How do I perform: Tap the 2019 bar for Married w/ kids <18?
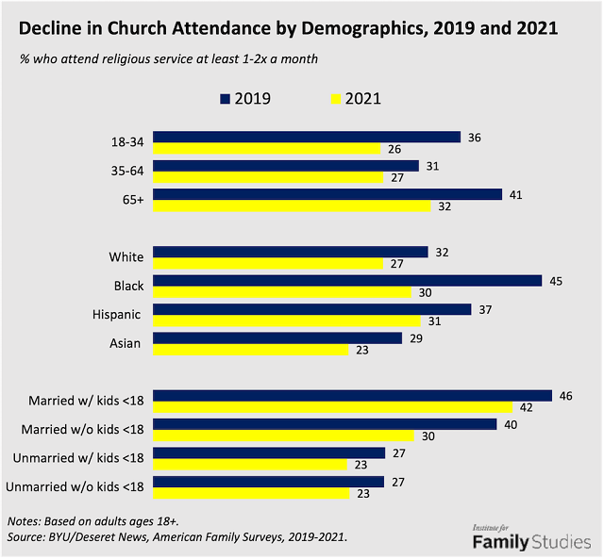pyautogui.click(x=353, y=396)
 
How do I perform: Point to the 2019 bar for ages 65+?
pyautogui.click(x=327, y=194)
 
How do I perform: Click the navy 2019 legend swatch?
pyautogui.click(x=225, y=98)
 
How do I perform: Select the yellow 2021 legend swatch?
pyautogui.click(x=336, y=98)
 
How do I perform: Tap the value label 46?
pyautogui.click(x=566, y=396)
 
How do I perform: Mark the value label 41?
pyautogui.click(x=515, y=194)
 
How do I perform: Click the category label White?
pyautogui.click(x=126, y=256)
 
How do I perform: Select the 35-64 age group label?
pyautogui.click(x=126, y=172)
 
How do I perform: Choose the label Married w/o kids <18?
pyautogui.click(x=83, y=430)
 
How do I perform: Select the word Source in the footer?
pyautogui.click(x=28, y=536)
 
